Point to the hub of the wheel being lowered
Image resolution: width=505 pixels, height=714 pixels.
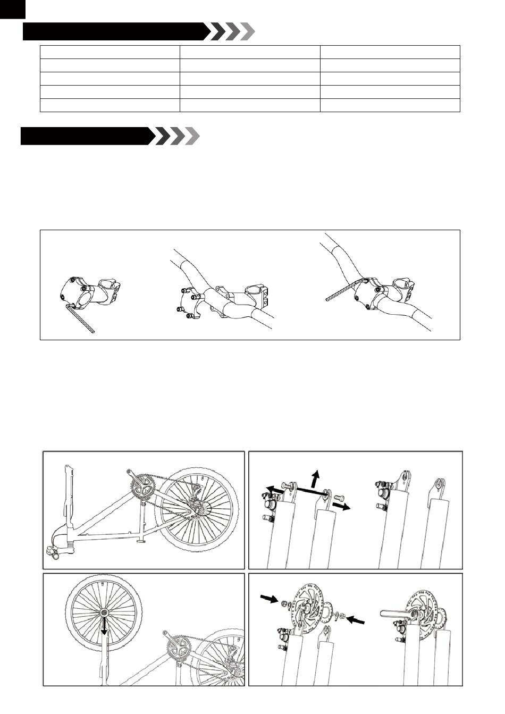click(x=103, y=613)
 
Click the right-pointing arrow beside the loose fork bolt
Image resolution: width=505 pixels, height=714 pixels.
click(x=343, y=506)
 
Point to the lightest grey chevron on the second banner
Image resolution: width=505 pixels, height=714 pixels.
click(x=192, y=136)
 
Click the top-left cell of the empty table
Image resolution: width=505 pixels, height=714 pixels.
click(x=110, y=52)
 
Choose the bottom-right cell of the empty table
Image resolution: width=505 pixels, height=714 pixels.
click(x=390, y=105)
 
